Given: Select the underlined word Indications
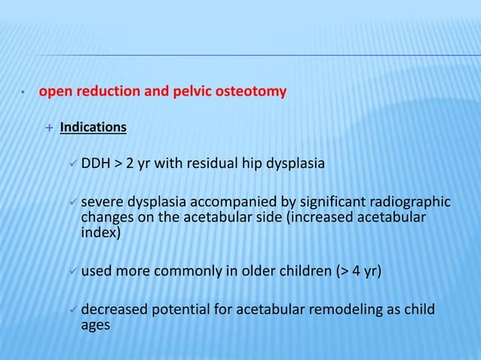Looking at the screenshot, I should pyautogui.click(x=93, y=127).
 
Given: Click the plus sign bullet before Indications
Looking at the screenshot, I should pyautogui.click(x=49, y=127).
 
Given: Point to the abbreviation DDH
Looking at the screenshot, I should pyautogui.click(x=96, y=163).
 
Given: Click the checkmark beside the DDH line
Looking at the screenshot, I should pyautogui.click(x=72, y=163).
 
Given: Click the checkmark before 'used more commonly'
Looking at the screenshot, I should pyautogui.click(x=72, y=270).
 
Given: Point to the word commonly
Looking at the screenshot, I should pyautogui.click(x=182, y=270).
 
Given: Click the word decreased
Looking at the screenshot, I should pyautogui.click(x=110, y=310).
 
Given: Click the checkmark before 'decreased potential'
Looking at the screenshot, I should pyautogui.click(x=72, y=310).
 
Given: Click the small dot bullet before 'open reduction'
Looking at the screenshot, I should pyautogui.click(x=23, y=94).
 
